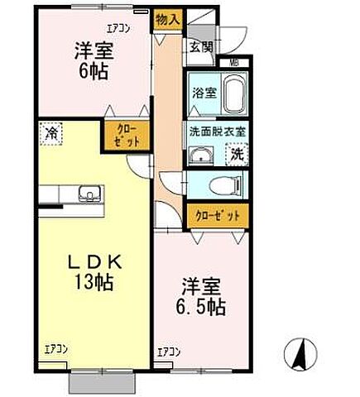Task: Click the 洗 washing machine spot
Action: pos(237,154)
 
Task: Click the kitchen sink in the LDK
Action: pos(89,195)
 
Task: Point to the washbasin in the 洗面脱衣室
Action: pos(199,155)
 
